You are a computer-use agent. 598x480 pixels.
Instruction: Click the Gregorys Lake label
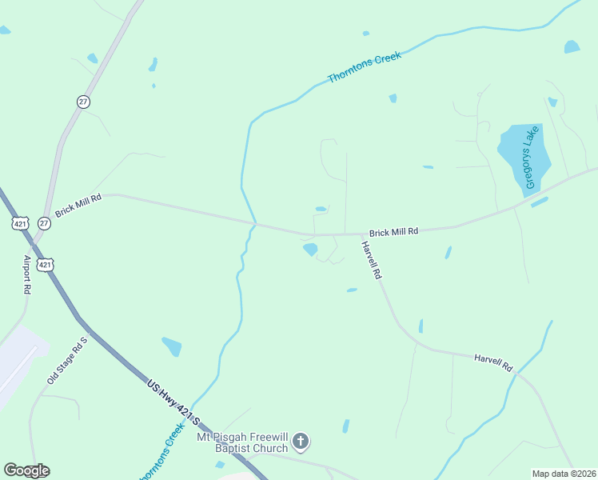click(x=529, y=158)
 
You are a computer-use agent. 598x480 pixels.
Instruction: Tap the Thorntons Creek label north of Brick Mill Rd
click(x=364, y=67)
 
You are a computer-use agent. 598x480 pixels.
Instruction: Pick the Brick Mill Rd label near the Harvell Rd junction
click(x=393, y=232)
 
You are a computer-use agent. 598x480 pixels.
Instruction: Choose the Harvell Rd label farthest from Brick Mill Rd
click(x=492, y=362)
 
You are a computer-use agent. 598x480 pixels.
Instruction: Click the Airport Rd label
click(x=27, y=274)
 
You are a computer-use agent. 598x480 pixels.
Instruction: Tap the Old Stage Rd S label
click(x=66, y=360)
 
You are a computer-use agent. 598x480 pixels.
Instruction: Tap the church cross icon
click(x=301, y=441)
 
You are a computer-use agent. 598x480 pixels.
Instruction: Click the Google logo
click(x=26, y=470)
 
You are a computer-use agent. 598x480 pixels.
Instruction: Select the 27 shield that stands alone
click(x=83, y=102)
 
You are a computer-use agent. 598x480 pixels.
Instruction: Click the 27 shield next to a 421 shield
click(x=44, y=223)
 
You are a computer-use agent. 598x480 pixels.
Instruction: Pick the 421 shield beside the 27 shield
click(x=20, y=223)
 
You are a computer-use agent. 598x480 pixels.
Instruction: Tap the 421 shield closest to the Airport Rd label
click(x=46, y=264)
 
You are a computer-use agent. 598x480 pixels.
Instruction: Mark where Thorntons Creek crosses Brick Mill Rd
click(x=255, y=222)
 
